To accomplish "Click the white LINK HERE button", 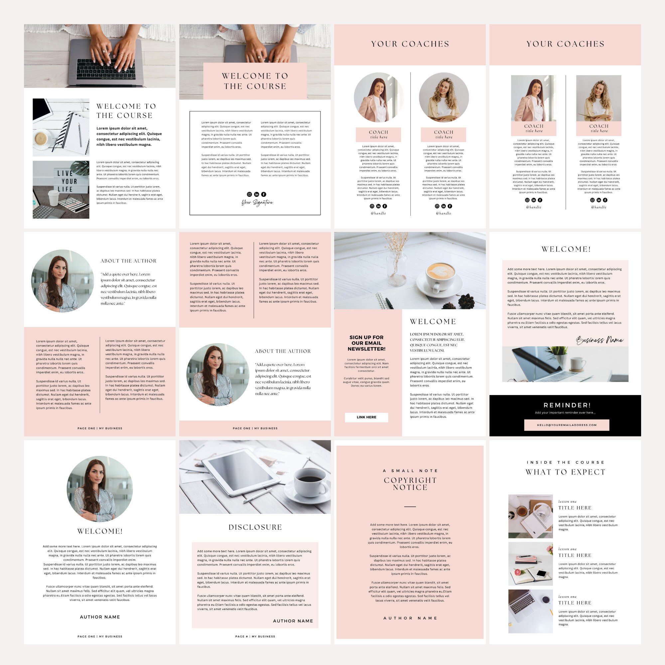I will pyautogui.click(x=366, y=417).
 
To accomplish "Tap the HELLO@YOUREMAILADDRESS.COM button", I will pyautogui.click(x=567, y=425).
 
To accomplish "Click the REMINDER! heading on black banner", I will pyautogui.click(x=567, y=405).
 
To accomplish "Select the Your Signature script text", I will pyautogui.click(x=257, y=203).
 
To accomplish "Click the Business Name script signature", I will pyautogui.click(x=599, y=340).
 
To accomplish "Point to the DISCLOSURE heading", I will pyautogui.click(x=255, y=527).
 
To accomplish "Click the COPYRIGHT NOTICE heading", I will pyautogui.click(x=410, y=483).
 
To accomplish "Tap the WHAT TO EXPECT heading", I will pyautogui.click(x=565, y=472).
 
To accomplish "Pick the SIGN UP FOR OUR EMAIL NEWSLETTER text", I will pyautogui.click(x=366, y=343).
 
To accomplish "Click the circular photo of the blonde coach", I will pyautogui.click(x=444, y=97).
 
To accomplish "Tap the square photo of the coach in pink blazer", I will pyautogui.click(x=533, y=98).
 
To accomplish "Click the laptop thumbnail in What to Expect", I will pyautogui.click(x=530, y=611).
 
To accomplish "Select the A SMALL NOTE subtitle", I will pyautogui.click(x=410, y=470).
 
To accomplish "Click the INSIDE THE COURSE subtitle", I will pyautogui.click(x=565, y=462).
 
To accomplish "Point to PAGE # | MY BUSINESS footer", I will pyautogui.click(x=255, y=636).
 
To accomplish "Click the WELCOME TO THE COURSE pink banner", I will pyautogui.click(x=255, y=81).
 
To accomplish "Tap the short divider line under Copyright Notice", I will pyautogui.click(x=410, y=507).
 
